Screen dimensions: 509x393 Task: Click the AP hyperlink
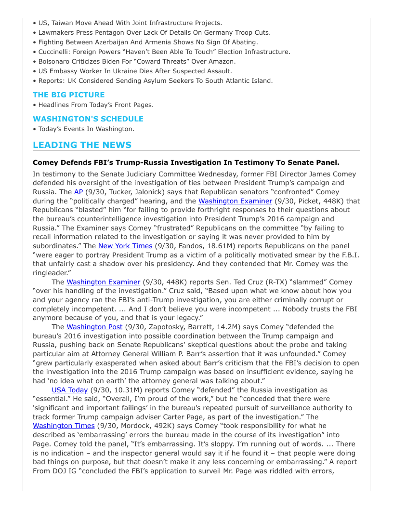click(x=79, y=192)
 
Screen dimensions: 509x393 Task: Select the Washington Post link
click(x=94, y=327)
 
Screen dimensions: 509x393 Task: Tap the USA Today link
click(x=70, y=390)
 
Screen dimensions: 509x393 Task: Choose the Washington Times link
click(x=64, y=426)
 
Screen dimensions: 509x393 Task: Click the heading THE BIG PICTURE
click(x=68, y=95)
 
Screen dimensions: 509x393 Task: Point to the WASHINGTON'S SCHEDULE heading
click(x=88, y=119)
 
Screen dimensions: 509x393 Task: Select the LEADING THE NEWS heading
click(x=82, y=145)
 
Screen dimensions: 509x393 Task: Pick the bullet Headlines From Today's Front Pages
click(x=96, y=105)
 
